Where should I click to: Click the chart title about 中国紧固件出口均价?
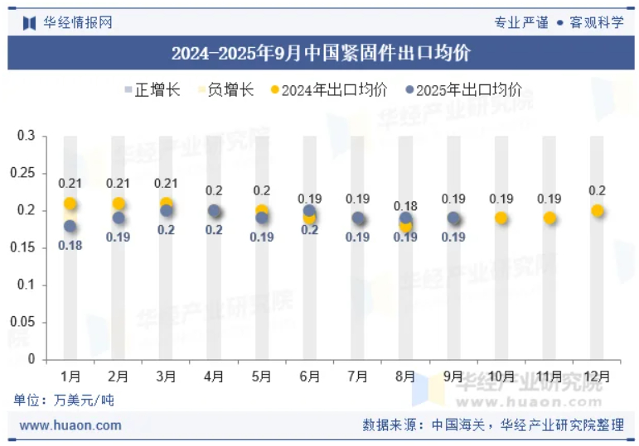320,55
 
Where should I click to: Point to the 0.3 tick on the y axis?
26,136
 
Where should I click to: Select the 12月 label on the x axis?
597,376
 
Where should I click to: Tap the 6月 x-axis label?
309,376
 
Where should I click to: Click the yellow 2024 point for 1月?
70,204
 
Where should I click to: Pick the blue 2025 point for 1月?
70,226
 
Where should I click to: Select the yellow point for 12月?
597,211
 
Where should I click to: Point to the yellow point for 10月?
501,218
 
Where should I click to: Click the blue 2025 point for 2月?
119,218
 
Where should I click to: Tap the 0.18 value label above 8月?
405,206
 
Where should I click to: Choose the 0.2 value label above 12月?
597,191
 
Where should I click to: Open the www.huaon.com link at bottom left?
70,425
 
